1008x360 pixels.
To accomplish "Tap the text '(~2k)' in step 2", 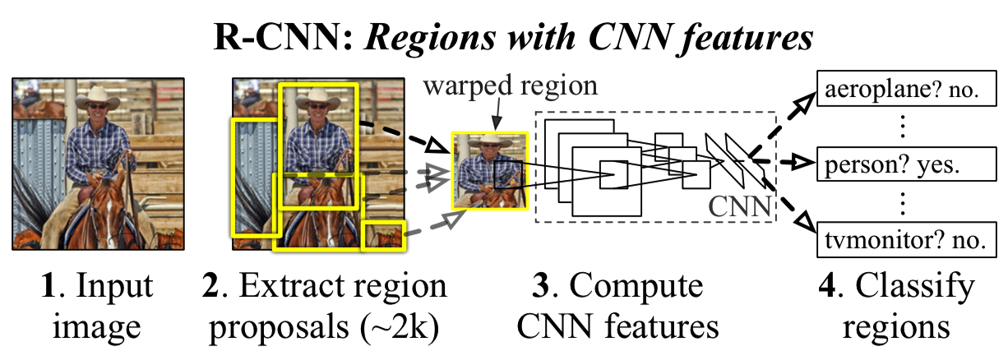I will pyautogui.click(x=398, y=327).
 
